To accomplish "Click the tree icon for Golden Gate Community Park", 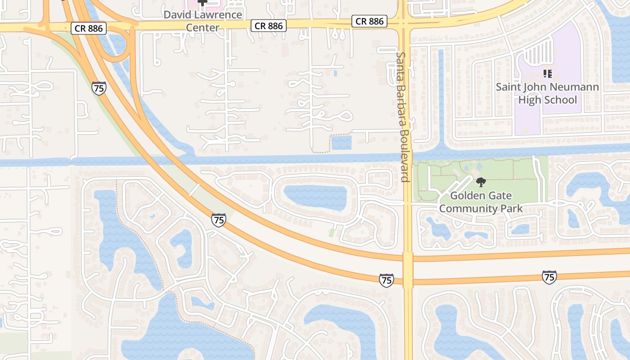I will point(481,182).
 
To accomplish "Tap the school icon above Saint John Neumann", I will point(548,73).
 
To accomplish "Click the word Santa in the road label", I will point(400,63).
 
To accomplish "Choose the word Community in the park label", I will point(463,209).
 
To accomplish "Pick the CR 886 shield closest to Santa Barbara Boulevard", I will point(369,21).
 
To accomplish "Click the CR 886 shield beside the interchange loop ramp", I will point(89,29).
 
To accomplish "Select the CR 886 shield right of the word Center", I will point(269,26).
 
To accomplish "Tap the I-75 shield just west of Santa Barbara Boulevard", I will point(386,280).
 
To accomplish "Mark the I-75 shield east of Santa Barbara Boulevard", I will point(549,277).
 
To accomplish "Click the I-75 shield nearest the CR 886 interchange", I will point(99,88).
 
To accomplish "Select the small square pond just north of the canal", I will point(342,143).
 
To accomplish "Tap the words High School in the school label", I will point(547,100).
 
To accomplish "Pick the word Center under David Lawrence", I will point(203,28).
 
